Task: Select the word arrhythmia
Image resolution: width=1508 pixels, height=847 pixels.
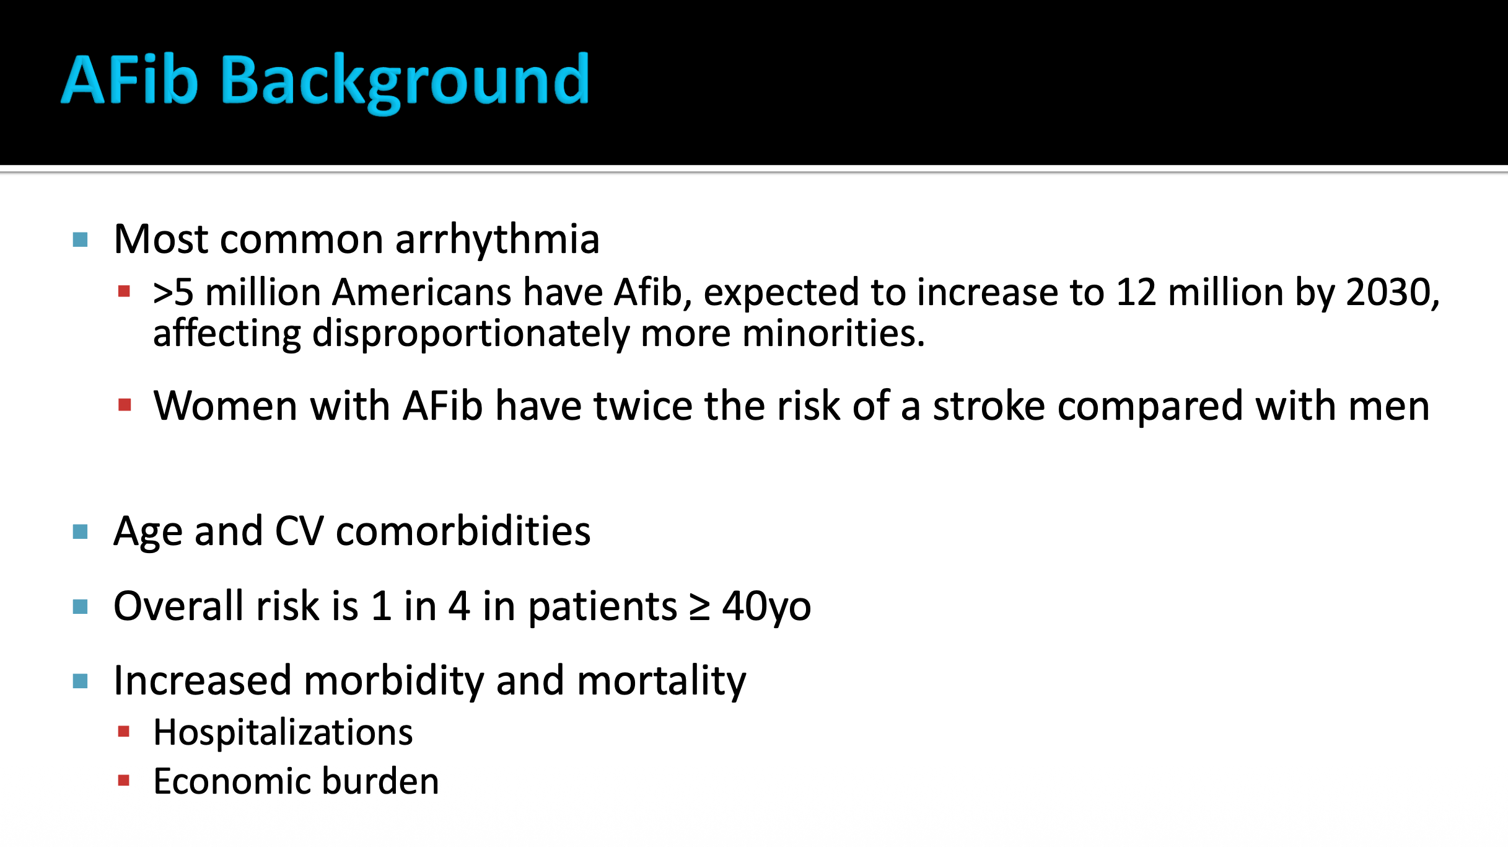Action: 498,239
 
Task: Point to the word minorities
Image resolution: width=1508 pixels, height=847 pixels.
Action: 833,333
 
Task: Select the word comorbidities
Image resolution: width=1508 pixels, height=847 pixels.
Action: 463,531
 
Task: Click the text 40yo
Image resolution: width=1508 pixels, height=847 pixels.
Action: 767,607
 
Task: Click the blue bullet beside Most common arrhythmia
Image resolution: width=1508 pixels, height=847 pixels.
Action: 80,239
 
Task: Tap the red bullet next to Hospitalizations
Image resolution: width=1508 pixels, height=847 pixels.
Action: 124,732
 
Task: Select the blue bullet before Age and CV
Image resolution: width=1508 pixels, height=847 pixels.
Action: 80,531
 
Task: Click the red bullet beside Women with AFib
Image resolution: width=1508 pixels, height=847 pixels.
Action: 125,405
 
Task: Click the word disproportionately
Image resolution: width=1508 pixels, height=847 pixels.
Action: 471,334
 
